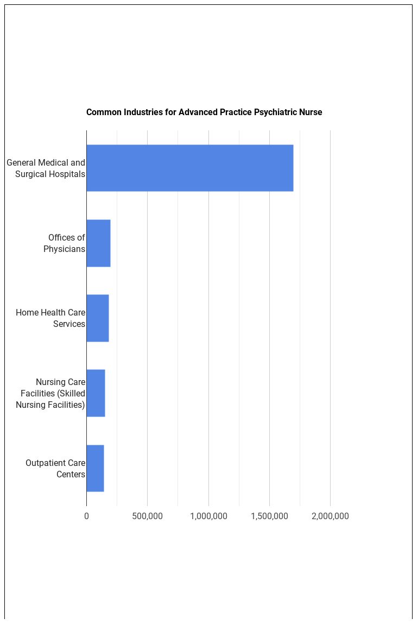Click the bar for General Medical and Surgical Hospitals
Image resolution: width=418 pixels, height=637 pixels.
click(189, 168)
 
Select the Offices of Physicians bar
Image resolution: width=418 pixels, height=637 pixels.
click(98, 243)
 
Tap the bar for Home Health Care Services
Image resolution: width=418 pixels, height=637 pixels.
click(98, 318)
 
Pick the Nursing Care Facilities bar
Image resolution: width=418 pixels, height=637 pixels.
click(96, 393)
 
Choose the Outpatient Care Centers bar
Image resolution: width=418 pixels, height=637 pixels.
click(95, 468)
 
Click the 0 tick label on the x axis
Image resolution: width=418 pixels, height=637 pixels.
click(86, 516)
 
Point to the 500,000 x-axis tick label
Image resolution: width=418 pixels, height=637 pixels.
click(147, 516)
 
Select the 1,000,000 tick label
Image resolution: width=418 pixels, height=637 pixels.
click(208, 516)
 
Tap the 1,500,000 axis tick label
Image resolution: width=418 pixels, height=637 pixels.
click(269, 516)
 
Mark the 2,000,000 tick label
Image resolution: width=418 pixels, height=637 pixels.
click(330, 516)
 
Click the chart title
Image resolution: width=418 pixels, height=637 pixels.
click(204, 112)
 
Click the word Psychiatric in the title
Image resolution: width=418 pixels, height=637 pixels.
click(276, 112)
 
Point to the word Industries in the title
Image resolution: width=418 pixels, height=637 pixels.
click(143, 112)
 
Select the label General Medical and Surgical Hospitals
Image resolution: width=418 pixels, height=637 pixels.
click(46, 168)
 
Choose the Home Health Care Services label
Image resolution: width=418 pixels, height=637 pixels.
click(50, 318)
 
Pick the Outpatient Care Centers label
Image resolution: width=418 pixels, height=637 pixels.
click(55, 468)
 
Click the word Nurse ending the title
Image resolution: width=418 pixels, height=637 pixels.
click(311, 112)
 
